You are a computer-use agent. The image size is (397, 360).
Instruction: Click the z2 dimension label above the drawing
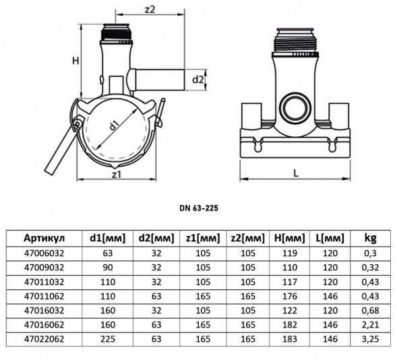[150, 9]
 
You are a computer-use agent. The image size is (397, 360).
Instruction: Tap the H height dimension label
[75, 61]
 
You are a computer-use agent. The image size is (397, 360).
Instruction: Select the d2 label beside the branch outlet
[197, 80]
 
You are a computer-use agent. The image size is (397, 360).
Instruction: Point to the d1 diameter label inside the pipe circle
[115, 125]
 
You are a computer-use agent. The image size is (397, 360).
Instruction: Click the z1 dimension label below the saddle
[117, 175]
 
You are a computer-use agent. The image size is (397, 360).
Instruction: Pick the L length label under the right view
[296, 173]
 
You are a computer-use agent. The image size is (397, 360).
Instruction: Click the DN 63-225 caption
[199, 208]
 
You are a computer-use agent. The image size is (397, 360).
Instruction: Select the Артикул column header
[44, 238]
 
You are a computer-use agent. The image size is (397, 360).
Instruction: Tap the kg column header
[371, 238]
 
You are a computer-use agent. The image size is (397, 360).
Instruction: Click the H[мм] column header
[290, 238]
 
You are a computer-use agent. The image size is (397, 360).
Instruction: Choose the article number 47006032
[44, 253]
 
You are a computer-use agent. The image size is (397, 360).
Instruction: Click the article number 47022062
[44, 338]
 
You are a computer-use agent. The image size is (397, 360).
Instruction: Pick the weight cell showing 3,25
[371, 338]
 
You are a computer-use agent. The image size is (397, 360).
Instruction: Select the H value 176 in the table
[290, 296]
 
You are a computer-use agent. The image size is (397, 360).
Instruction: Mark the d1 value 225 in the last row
[108, 338]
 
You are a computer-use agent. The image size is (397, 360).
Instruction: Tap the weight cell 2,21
[371, 324]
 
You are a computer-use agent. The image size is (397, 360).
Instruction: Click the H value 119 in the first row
[290, 253]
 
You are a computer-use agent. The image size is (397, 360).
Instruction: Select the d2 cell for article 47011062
[156, 296]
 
